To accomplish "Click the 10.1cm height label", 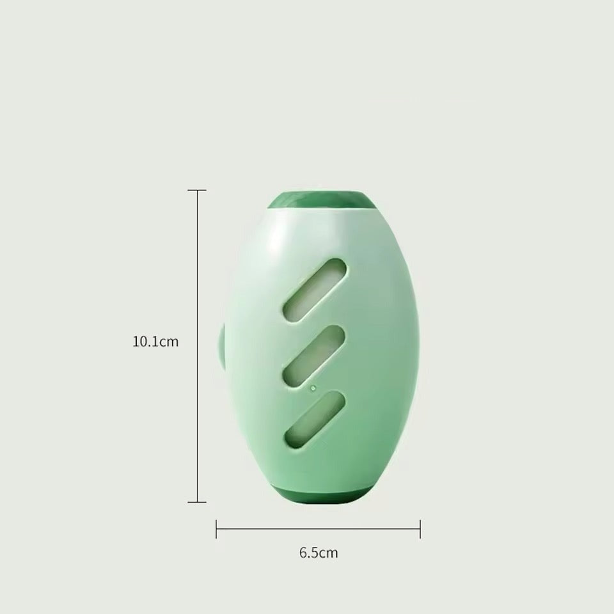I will click(x=155, y=342).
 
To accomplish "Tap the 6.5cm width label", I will click(x=318, y=553).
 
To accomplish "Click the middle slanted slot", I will click(x=313, y=355).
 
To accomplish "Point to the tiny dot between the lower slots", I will click(x=313, y=388).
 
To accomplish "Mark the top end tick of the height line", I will click(x=197, y=190).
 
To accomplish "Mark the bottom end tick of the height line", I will click(x=197, y=502).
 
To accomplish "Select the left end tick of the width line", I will click(x=217, y=528).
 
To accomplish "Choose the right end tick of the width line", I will click(x=420, y=528).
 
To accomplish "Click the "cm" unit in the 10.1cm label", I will click(x=169, y=342).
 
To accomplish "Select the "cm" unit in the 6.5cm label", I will click(x=328, y=553).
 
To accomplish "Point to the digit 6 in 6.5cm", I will click(x=303, y=553).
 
